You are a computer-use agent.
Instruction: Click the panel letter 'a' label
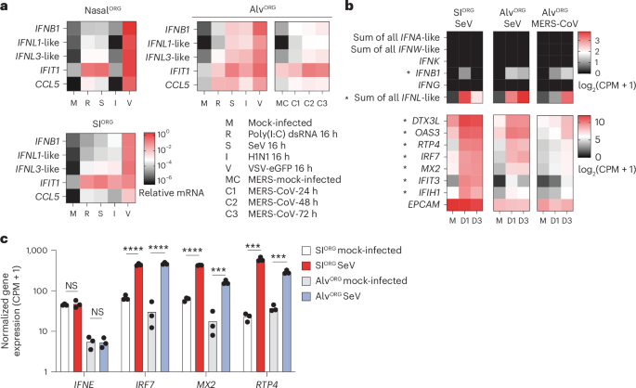click(5, 6)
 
